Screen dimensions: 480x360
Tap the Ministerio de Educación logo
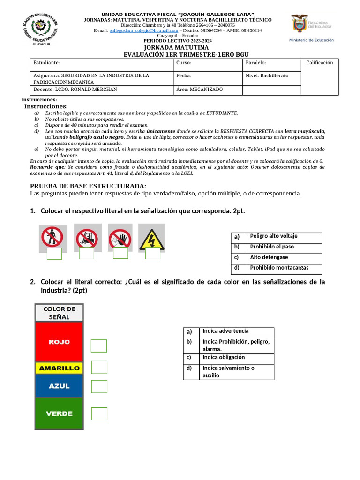coord(311,28)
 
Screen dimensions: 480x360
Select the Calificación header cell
coord(319,63)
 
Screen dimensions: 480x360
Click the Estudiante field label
coord(47,63)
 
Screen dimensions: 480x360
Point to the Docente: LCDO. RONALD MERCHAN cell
coord(75,90)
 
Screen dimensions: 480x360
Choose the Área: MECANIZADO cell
coord(200,90)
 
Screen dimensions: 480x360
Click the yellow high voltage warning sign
coord(151,239)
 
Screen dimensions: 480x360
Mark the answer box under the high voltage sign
coord(152,254)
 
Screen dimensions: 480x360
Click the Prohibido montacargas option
coord(279,268)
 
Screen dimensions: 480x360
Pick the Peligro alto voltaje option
coord(274,236)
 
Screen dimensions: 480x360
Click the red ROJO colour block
coord(59,342)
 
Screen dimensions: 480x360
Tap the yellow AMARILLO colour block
coord(59,368)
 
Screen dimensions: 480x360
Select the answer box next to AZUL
coord(99,387)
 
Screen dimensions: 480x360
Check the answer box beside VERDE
coord(99,414)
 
